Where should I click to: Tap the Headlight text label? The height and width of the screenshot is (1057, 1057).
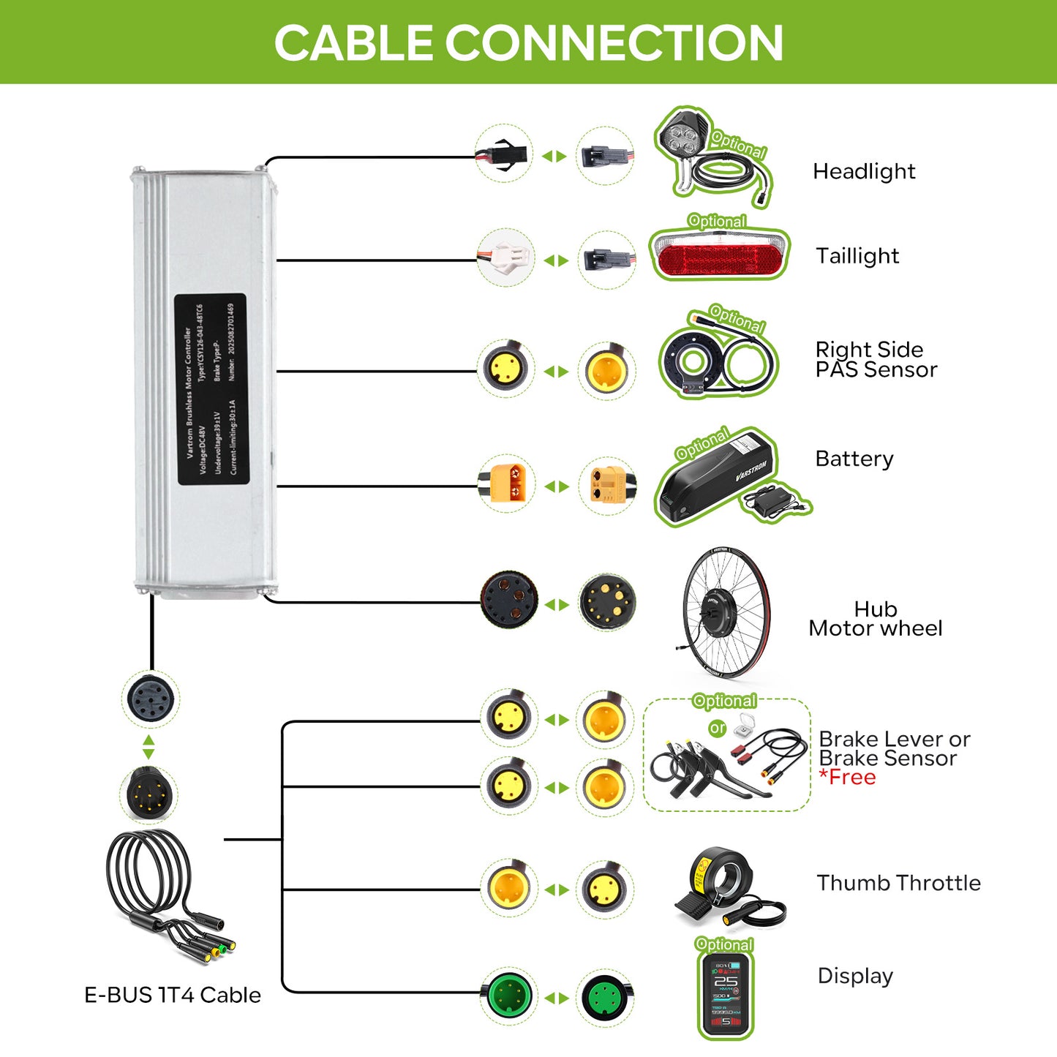[x=864, y=171]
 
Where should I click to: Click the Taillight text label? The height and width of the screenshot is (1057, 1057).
[x=857, y=256]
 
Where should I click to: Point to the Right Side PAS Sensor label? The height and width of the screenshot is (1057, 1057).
[x=876, y=359]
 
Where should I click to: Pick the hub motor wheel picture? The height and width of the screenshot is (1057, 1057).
[x=724, y=611]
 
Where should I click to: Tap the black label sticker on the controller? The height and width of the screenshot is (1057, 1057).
[x=211, y=389]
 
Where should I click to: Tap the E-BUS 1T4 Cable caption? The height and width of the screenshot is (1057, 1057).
[x=173, y=995]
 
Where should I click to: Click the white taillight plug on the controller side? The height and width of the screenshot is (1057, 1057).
[x=505, y=257]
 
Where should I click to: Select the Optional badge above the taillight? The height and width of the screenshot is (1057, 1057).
[x=717, y=221]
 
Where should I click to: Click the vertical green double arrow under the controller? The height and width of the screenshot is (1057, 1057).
[x=148, y=747]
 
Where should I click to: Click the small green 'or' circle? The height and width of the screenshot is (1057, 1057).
[x=718, y=728]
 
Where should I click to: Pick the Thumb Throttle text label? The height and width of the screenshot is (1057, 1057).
[x=898, y=883]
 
